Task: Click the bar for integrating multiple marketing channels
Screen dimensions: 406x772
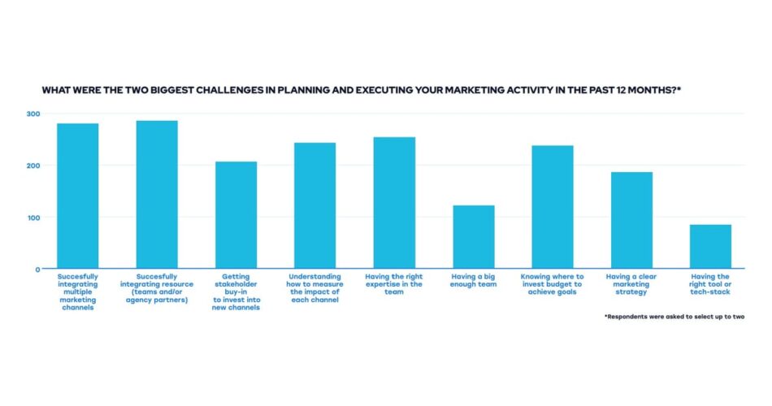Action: pyautogui.click(x=77, y=196)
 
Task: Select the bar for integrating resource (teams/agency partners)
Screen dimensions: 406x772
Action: pyautogui.click(x=157, y=195)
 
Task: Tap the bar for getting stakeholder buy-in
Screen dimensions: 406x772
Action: pyautogui.click(x=236, y=215)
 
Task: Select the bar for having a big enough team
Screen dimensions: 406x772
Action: pyautogui.click(x=473, y=237)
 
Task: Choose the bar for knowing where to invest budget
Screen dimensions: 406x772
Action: pyautogui.click(x=553, y=207)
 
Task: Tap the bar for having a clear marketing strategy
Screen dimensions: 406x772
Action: pyautogui.click(x=631, y=220)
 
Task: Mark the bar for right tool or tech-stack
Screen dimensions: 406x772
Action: pyautogui.click(x=710, y=247)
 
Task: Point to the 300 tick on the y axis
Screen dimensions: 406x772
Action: pyautogui.click(x=33, y=114)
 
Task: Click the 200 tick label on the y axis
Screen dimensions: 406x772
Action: pyautogui.click(x=33, y=166)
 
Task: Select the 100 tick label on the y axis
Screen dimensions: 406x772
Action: pyautogui.click(x=33, y=218)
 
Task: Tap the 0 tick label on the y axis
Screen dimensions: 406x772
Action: pyautogui.click(x=37, y=270)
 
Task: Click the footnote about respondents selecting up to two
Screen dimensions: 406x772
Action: pyautogui.click(x=674, y=317)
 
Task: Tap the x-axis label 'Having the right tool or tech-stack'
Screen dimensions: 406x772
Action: pyautogui.click(x=710, y=284)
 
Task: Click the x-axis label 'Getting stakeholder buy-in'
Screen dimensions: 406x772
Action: pyautogui.click(x=236, y=292)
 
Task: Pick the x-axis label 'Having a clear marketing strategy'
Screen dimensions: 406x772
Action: pyautogui.click(x=631, y=284)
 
